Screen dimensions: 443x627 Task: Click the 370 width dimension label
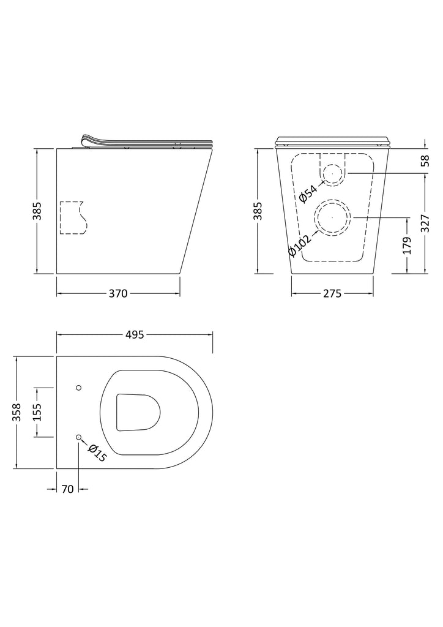click(118, 293)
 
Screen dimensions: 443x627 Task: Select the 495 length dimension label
click(135, 334)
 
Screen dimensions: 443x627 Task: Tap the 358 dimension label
click(17, 412)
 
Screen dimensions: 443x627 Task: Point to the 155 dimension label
click(36, 412)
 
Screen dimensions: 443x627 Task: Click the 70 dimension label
click(68, 489)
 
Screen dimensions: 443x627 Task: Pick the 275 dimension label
click(332, 293)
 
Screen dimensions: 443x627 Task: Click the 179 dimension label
click(407, 246)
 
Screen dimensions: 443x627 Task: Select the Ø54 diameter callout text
click(308, 191)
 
